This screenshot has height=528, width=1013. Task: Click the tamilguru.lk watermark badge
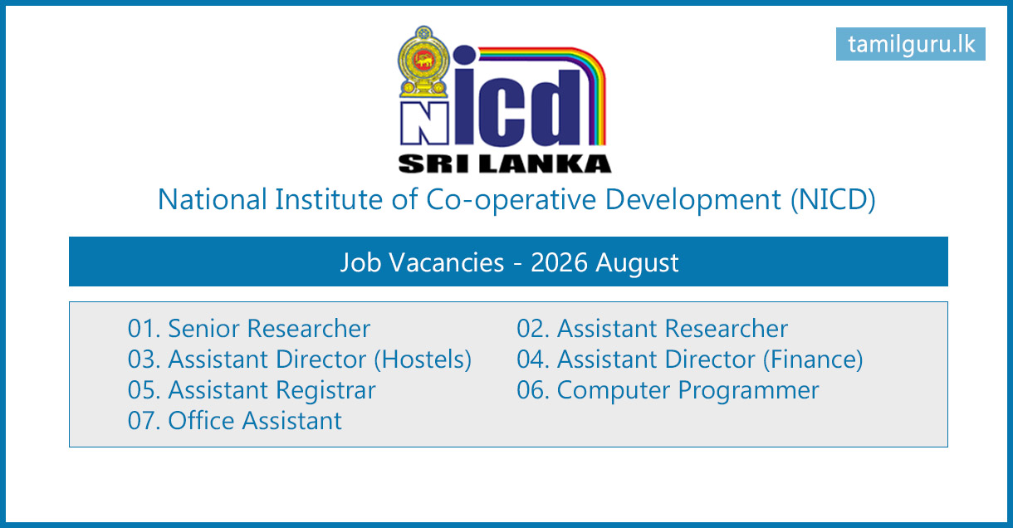(x=910, y=44)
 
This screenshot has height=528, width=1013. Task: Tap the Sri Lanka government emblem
(x=423, y=62)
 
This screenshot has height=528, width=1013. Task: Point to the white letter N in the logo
(x=424, y=124)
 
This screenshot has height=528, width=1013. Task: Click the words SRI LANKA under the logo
(x=505, y=164)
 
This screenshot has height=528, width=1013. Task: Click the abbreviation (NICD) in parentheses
(x=833, y=199)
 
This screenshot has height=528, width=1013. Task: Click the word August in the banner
(x=637, y=263)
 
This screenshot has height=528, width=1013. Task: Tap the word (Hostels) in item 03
(x=423, y=359)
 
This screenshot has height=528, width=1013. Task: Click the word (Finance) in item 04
(x=813, y=359)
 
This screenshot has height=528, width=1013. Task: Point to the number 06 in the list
(x=531, y=390)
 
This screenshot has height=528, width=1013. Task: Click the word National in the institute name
(x=213, y=199)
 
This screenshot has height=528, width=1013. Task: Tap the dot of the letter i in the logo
(x=465, y=56)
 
